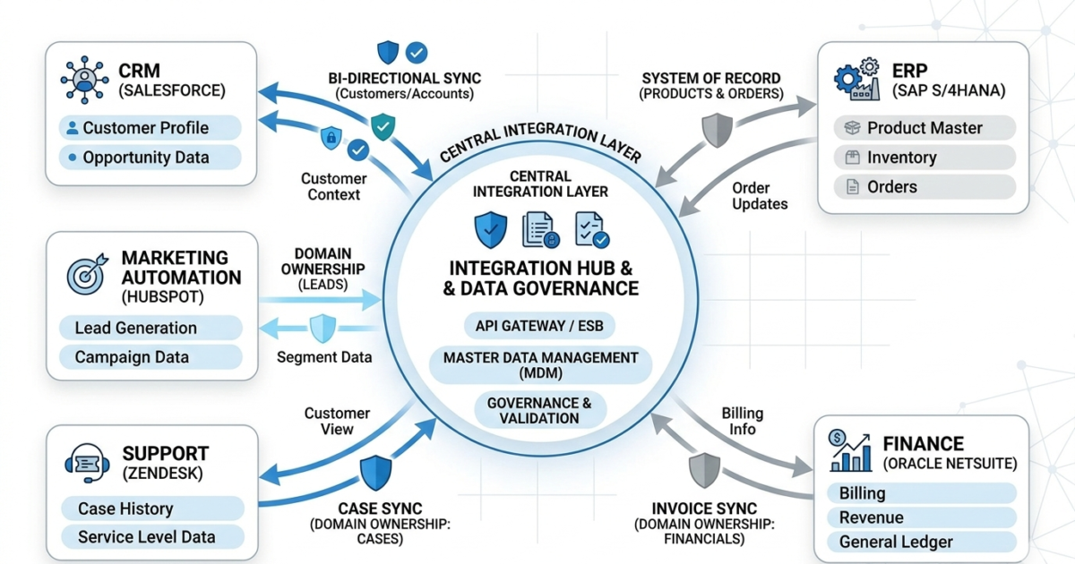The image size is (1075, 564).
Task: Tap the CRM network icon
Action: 84,79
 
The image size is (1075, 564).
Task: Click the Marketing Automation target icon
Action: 86,273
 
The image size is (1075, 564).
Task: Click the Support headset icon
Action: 87,464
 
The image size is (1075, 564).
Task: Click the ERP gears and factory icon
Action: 856,79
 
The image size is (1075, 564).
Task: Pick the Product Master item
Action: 924,128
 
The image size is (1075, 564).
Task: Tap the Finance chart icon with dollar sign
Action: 850,450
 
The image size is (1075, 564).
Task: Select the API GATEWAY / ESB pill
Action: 539,325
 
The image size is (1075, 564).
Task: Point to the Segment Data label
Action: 324,357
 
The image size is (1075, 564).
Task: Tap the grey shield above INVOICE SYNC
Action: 704,470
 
